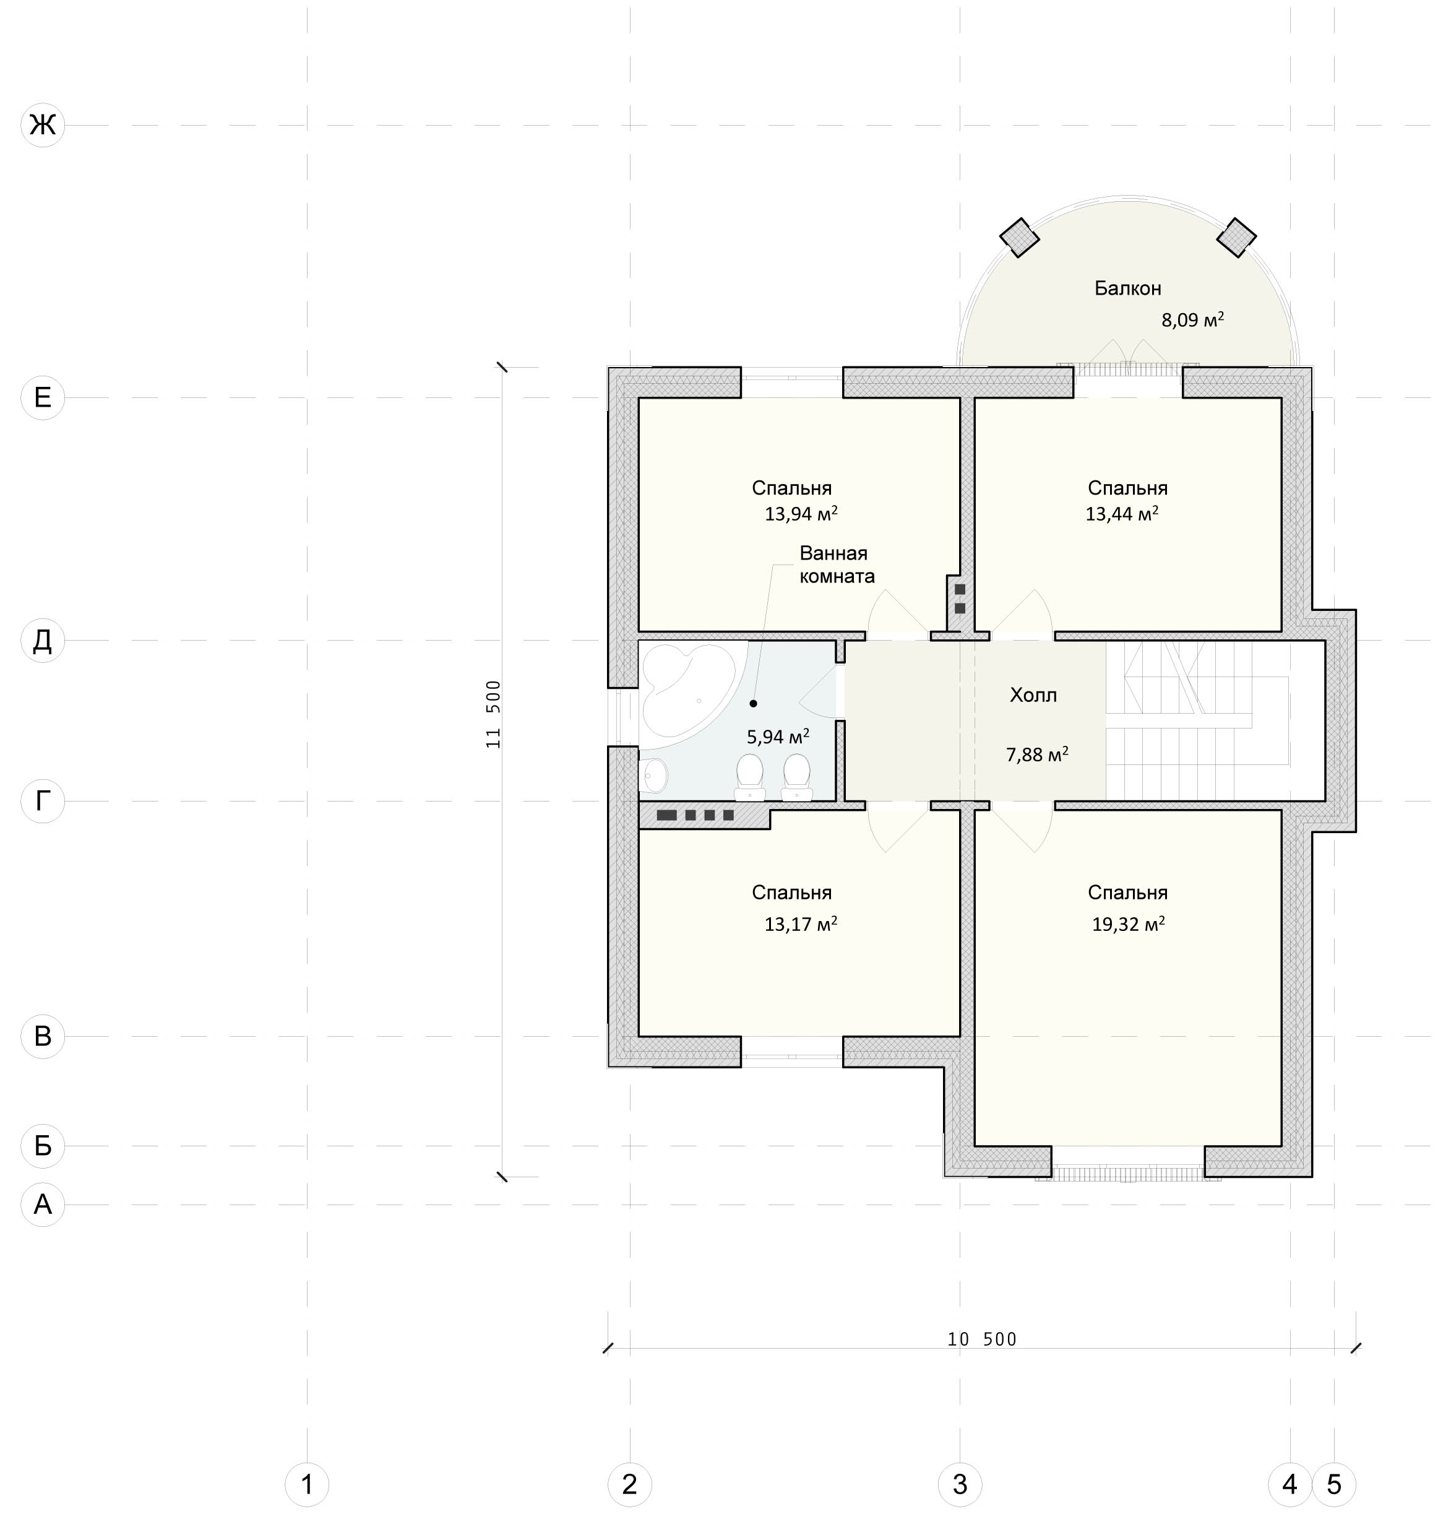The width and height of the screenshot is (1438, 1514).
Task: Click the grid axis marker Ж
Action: pos(43,124)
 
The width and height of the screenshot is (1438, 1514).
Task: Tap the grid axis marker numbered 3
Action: pos(960,1484)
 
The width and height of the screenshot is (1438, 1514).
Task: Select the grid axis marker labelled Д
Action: pos(43,640)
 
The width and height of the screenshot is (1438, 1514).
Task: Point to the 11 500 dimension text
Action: pos(493,714)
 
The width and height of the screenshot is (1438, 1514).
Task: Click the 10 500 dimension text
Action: pos(982,1339)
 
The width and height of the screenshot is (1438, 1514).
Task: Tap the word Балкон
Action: pos(1127,288)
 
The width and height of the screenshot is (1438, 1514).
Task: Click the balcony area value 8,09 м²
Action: pos(1192,319)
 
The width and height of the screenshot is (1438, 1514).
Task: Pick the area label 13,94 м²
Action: pos(800,514)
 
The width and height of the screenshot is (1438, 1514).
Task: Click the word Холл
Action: pos(1033,695)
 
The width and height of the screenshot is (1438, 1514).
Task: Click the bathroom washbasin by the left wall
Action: pos(653,776)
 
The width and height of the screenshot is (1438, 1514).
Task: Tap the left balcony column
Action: pos(1020,238)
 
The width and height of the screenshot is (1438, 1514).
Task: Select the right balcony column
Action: pos(1236,238)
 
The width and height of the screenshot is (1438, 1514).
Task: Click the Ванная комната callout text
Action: pos(837,565)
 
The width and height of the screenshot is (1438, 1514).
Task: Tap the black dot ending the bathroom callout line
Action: pos(754,704)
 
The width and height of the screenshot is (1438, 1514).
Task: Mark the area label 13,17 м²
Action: pos(800,924)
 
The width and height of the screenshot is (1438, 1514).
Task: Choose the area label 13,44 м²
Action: pos(1121,514)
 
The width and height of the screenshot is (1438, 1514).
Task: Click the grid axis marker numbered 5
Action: pos(1335,1484)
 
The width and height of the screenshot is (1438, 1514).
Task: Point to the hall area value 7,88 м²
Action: pos(1037,755)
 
